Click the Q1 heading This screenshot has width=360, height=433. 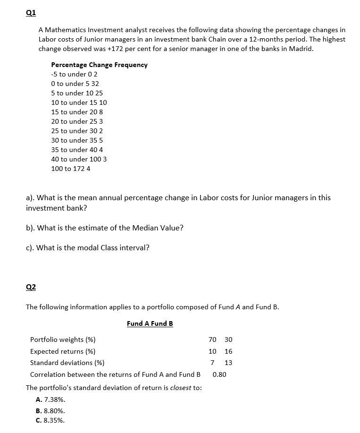click(31, 13)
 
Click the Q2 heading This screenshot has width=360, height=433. click(31, 287)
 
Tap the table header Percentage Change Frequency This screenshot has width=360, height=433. click(99, 65)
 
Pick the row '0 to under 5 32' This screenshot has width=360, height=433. click(75, 84)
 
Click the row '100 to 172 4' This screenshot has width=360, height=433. click(71, 169)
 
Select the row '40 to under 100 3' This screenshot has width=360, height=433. click(79, 159)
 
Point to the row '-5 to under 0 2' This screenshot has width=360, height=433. click(74, 74)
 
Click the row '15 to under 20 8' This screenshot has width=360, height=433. click(77, 112)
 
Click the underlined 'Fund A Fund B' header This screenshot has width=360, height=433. click(150, 323)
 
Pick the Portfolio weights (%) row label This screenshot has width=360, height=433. click(63, 340)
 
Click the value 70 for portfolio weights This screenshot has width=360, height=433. click(212, 340)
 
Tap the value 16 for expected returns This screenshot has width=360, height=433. click(228, 351)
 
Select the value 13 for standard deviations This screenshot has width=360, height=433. click(228, 363)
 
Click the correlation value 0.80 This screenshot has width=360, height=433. click(219, 374)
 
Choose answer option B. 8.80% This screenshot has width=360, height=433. click(50, 411)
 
